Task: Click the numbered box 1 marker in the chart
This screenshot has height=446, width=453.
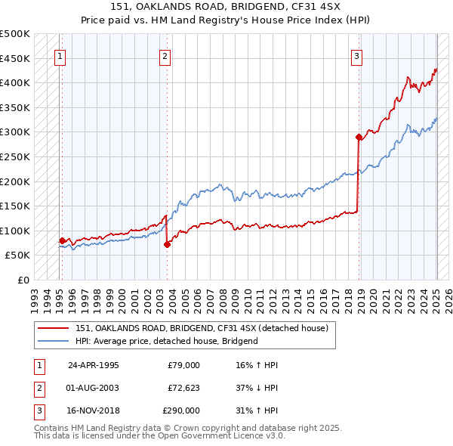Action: pos(60,55)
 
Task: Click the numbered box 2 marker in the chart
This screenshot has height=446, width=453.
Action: pos(165,55)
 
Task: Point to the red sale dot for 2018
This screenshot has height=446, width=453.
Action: pos(359,137)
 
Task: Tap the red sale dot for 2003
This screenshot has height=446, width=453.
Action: pos(168,244)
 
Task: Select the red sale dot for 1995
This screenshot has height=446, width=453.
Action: pos(62,241)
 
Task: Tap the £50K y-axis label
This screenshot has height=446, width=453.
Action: pos(18,256)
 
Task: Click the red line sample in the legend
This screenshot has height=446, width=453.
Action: pos(53,329)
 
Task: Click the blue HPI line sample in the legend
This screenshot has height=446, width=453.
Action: pos(53,341)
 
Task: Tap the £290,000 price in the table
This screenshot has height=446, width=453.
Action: pos(181,410)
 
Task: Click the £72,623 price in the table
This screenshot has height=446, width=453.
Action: pos(183,388)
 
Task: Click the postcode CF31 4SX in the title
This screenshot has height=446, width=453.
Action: pos(307,8)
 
